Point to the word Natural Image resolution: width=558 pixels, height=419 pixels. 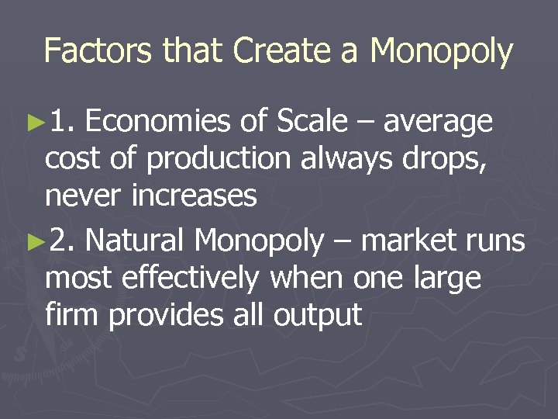tap(133, 241)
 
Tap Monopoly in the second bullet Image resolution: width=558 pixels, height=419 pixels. tap(260, 242)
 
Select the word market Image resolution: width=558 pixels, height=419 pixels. tap(411, 241)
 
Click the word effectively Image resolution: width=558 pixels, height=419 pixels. tap(200, 278)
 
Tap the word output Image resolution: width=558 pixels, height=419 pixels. tap(323, 316)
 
